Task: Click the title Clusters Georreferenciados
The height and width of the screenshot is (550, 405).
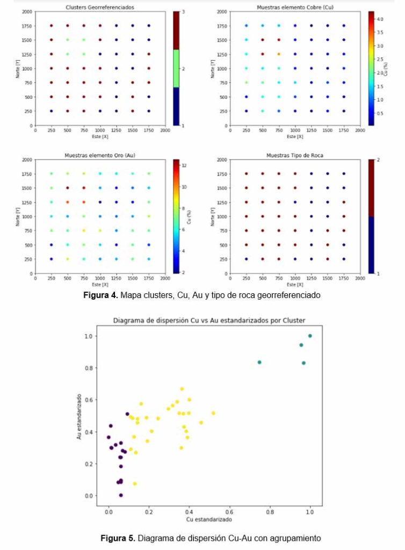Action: point(99,8)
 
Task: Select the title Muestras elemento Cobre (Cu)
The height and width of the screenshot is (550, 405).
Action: point(294,8)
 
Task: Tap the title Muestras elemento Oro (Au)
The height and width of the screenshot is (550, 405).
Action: point(99,156)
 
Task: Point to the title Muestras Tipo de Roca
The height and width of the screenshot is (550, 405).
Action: point(294,156)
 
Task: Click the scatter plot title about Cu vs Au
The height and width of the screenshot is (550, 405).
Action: point(209,321)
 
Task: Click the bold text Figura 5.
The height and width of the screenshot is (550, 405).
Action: point(117,538)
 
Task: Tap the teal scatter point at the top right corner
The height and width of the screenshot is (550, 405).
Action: point(310,336)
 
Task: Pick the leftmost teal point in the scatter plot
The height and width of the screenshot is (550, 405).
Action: point(259,362)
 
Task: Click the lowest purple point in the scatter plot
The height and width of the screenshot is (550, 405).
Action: point(121,495)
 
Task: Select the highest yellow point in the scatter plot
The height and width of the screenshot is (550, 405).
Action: point(182,389)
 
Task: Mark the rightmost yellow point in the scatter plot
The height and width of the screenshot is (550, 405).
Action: point(213,413)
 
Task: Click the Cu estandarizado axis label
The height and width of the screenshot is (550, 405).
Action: point(209,520)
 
